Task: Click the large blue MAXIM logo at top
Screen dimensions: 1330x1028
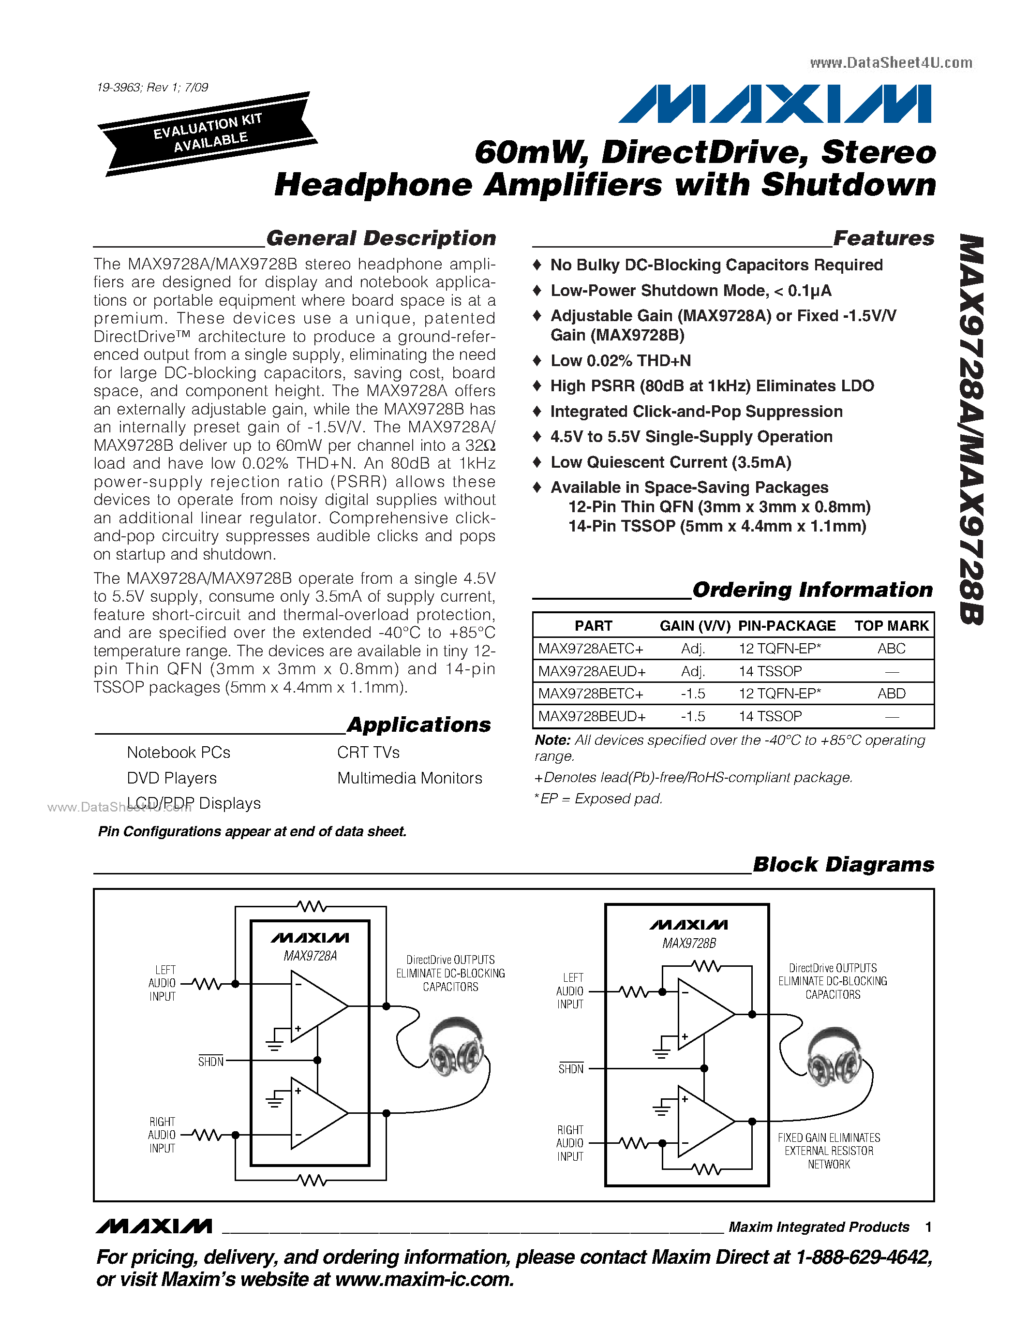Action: click(775, 103)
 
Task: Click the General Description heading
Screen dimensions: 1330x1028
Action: click(381, 238)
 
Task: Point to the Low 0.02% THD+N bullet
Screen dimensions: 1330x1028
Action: click(620, 360)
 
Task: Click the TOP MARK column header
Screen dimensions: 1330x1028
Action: click(891, 625)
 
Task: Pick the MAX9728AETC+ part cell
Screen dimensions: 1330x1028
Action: click(591, 649)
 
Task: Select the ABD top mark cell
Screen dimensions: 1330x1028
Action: click(891, 694)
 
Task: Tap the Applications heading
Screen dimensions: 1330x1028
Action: click(419, 724)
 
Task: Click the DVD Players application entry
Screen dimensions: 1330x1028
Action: click(172, 778)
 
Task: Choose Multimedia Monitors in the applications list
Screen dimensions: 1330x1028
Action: click(409, 778)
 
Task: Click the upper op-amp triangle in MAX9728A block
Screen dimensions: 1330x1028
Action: click(317, 1006)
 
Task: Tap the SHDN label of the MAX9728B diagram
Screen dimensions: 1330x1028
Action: click(571, 1069)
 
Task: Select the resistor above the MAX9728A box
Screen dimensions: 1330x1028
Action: click(313, 907)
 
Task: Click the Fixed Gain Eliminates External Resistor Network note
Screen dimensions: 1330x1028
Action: click(828, 1151)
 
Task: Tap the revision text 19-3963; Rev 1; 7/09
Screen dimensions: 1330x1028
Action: click(152, 87)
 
